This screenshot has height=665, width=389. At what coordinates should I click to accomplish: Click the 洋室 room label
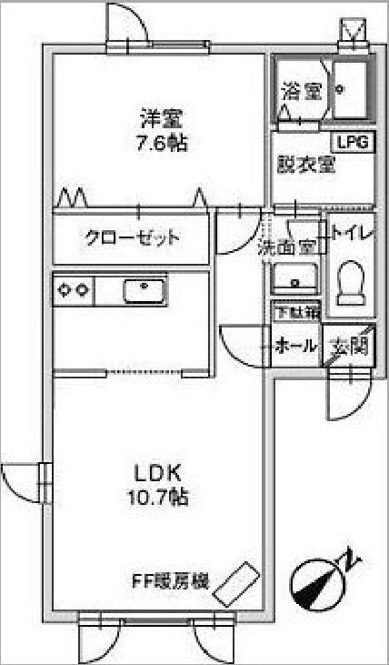coord(162,119)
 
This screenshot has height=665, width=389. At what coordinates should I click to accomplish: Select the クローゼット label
coord(132,238)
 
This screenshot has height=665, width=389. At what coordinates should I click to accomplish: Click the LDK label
coord(157,474)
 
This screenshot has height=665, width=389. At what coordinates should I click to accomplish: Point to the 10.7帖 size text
coord(157,497)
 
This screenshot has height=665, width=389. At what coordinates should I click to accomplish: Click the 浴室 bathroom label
coord(303,91)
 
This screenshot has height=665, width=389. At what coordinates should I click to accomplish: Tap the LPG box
coord(353,143)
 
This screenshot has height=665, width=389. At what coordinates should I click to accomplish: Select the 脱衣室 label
coord(306,165)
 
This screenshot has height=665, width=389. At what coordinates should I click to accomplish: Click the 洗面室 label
coord(287,248)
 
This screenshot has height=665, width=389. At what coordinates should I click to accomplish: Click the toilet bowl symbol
coord(351,282)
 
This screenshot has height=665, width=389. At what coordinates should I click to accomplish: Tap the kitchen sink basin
coord(145,291)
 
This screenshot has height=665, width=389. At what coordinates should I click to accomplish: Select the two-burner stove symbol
coord(74,289)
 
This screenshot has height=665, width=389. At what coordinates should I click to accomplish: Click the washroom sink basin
coord(294,278)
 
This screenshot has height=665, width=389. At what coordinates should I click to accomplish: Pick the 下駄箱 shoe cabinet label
coord(294,313)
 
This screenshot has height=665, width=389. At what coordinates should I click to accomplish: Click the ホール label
coord(295,346)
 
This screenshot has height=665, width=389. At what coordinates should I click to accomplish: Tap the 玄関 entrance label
coord(349,347)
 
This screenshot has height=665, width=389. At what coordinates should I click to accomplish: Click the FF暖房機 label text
coord(171,580)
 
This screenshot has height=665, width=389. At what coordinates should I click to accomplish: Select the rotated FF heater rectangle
coord(236,583)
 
